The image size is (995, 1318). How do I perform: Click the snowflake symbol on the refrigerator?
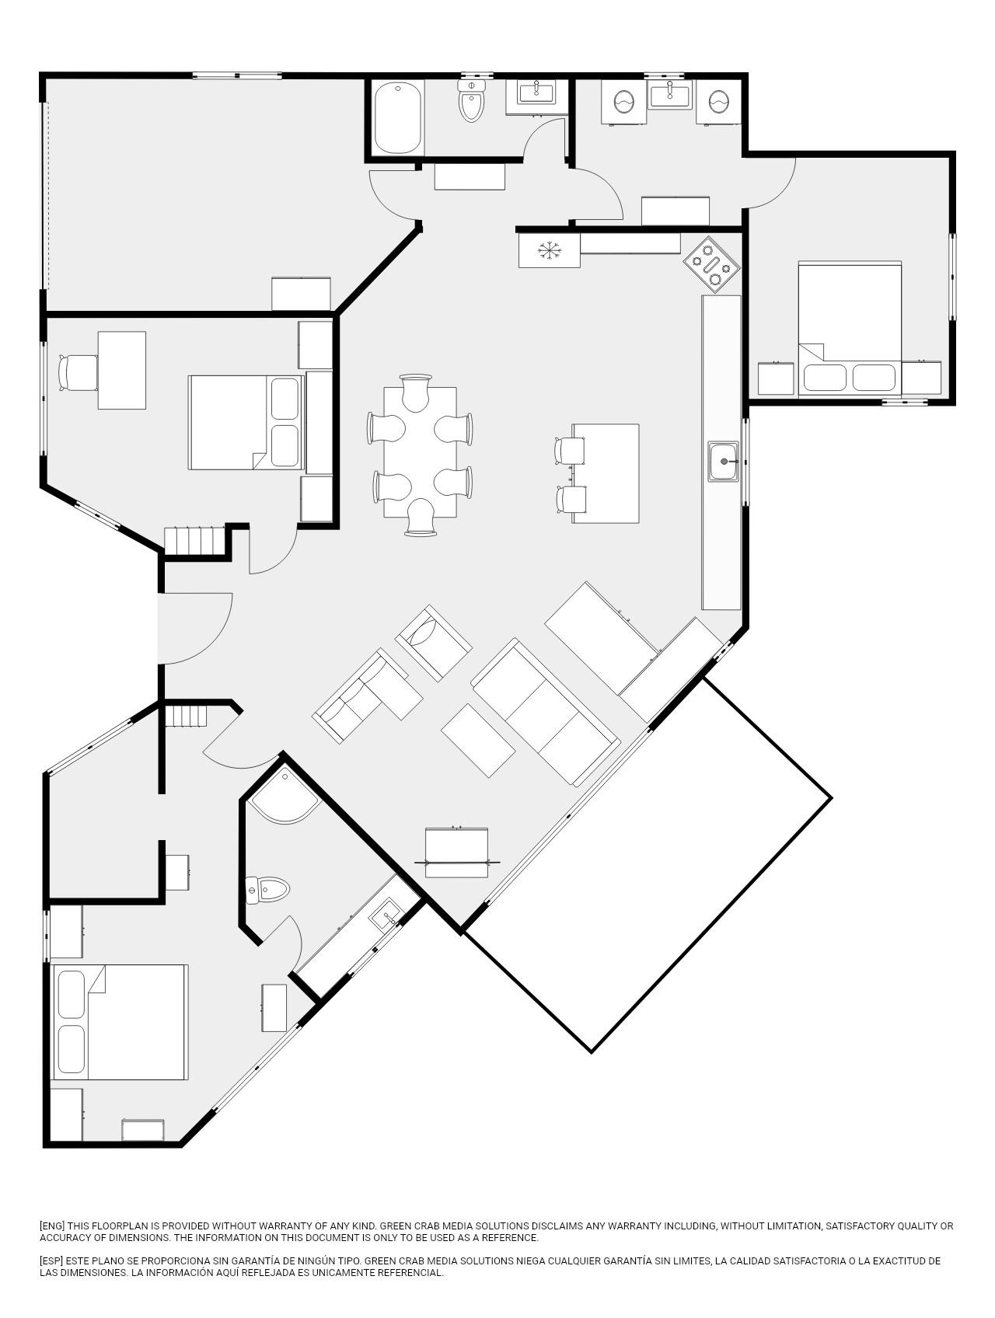[550, 250]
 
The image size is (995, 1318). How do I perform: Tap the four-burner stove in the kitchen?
[712, 264]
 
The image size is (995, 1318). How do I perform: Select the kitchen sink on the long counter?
[724, 461]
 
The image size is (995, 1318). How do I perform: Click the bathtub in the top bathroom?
[399, 118]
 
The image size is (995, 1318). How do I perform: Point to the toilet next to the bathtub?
[472, 100]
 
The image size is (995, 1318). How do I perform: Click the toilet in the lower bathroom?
[267, 889]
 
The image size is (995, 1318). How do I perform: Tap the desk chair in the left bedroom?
[78, 372]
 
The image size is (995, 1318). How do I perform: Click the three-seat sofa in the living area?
[546, 712]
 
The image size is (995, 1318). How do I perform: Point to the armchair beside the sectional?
[433, 643]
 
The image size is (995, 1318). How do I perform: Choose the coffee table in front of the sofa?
[478, 740]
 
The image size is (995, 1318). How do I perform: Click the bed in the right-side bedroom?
[850, 329]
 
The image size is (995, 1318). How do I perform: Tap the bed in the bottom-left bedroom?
[120, 1023]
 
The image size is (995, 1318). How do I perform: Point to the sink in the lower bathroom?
[386, 915]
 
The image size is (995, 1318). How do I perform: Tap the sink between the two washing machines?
[670, 96]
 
